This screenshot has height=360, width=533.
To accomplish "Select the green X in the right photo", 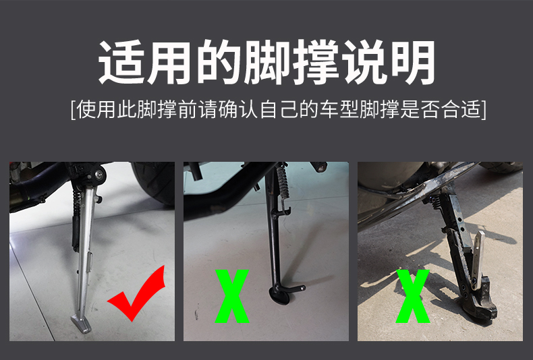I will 413,296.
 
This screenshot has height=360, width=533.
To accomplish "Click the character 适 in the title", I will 122,62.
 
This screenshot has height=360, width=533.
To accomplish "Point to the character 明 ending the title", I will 411,62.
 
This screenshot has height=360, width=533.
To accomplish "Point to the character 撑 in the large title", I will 314,62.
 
